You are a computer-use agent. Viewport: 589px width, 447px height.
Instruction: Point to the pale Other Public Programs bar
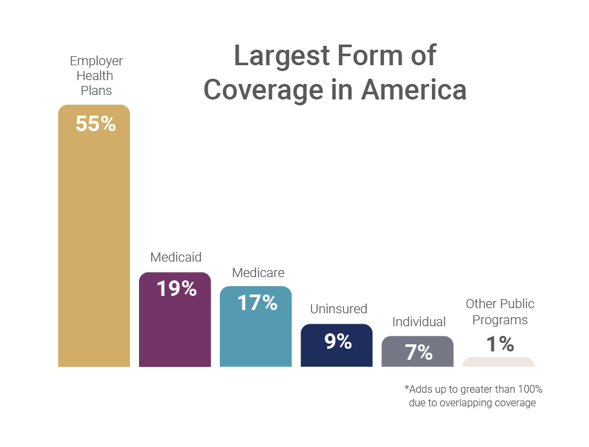point(498,362)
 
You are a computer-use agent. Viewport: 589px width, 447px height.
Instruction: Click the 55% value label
point(95,124)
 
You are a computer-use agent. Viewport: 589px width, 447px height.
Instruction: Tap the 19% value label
point(177,289)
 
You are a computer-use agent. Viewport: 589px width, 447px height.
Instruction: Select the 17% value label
point(257,302)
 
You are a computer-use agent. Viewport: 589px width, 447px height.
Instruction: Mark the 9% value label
point(338,341)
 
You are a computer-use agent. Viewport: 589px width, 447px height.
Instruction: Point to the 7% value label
point(418,352)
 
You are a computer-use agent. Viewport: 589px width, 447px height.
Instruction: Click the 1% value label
point(500,344)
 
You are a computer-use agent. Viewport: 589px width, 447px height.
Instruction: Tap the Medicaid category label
point(176,257)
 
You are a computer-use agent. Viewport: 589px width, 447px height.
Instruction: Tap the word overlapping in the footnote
point(466,403)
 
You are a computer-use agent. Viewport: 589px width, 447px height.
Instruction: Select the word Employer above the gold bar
point(96,61)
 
